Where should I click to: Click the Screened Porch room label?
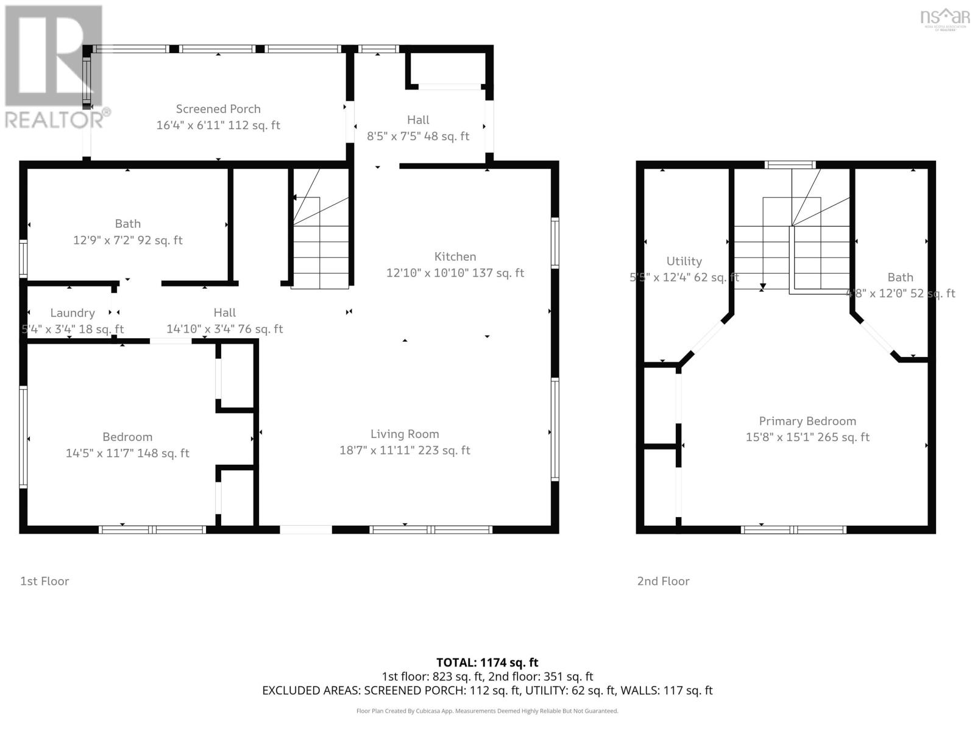pos(218,109)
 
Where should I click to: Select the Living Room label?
pos(405,434)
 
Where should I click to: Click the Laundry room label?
pos(73,313)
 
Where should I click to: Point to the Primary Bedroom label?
pos(807,421)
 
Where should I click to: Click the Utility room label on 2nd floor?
pos(684,261)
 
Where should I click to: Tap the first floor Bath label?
pos(127,224)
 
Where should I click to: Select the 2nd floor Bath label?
pos(900,277)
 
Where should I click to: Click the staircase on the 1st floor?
pos(320,244)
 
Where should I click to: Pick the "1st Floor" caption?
pos(44,581)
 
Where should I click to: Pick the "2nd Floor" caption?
pos(663,581)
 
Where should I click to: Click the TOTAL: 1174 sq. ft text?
pos(487,662)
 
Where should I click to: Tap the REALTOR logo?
pos(56,67)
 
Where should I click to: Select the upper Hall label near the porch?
pos(418,120)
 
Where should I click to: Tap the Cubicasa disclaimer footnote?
pos(487,711)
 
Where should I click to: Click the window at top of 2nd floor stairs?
pos(790,164)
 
